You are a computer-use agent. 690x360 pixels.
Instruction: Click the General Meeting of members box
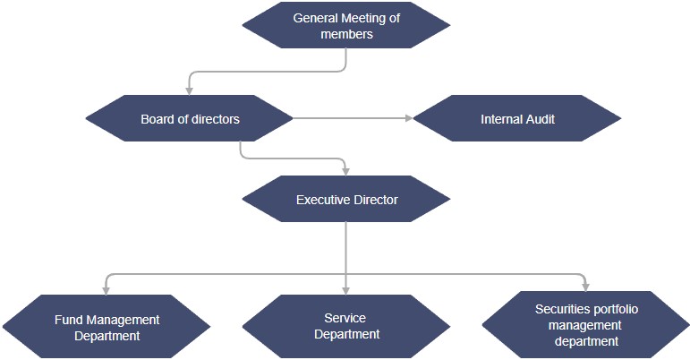point(345,26)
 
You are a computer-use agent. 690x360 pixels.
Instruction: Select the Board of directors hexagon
point(190,118)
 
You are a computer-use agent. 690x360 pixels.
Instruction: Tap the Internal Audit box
point(517,118)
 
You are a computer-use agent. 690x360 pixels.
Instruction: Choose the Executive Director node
point(346,200)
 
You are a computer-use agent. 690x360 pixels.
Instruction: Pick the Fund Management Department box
point(106,327)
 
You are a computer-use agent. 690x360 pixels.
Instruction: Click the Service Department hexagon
point(346,326)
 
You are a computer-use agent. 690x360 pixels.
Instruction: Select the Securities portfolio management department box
point(586,324)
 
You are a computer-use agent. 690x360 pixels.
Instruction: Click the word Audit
point(536,118)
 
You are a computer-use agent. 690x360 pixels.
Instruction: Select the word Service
point(345,318)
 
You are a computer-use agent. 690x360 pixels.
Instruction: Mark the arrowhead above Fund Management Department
point(106,289)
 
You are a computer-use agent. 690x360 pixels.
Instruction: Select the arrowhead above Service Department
point(346,289)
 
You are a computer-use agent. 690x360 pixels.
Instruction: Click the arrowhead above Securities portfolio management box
point(586,286)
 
